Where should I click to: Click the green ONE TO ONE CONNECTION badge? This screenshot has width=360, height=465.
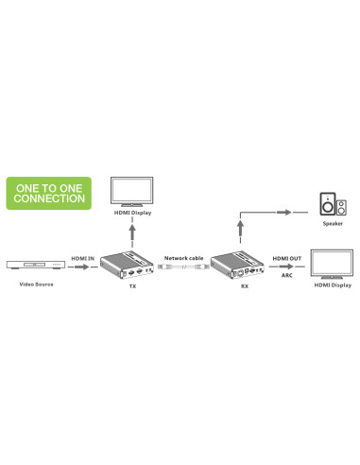49,193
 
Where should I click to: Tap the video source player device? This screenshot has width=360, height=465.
36,265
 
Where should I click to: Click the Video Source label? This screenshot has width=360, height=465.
36,284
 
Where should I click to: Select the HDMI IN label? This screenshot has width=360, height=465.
82,258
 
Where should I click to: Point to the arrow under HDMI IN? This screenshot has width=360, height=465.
82,267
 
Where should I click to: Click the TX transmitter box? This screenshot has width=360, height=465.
127,265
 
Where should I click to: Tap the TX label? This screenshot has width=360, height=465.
132,286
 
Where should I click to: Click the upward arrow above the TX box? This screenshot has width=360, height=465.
132,232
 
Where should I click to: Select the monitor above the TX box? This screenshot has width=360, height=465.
132,192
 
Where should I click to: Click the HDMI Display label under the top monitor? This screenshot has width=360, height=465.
132,213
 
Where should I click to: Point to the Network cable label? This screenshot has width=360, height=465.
183,258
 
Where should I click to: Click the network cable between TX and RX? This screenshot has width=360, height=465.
183,267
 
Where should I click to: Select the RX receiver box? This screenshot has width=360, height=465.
237,265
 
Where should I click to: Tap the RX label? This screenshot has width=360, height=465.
245,286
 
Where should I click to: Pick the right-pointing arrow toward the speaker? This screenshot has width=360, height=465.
284,212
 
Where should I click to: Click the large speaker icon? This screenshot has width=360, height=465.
328,204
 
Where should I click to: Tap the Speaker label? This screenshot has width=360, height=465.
333,224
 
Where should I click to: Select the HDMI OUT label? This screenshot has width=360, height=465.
287,258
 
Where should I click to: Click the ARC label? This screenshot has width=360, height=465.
287,275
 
